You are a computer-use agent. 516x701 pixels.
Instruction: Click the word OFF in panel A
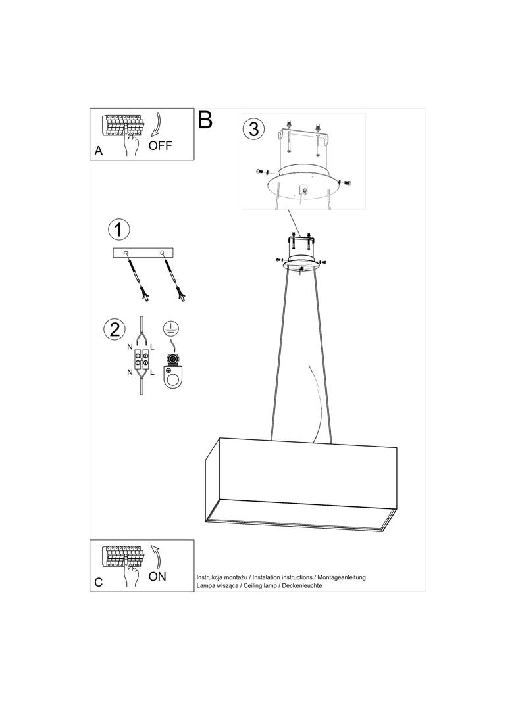160,145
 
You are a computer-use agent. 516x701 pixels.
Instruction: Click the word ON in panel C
157,577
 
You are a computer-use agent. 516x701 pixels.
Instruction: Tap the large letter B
205,120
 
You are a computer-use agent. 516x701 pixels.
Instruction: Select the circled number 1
118,230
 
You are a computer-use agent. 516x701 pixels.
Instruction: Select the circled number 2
115,329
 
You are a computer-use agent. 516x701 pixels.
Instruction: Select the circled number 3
254,129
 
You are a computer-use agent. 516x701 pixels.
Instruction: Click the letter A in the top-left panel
99,151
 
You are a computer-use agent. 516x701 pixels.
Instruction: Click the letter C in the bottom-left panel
99,583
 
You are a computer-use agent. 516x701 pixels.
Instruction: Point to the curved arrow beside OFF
157,124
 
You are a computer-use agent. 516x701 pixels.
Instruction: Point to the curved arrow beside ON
156,556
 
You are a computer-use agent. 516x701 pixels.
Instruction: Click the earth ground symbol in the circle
168,328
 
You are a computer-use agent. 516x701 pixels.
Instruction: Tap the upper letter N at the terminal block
130,347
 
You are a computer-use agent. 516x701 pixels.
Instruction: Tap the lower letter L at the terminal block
152,372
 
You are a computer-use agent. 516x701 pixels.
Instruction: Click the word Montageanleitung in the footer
342,577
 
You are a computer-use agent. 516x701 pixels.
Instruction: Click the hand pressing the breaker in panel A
131,143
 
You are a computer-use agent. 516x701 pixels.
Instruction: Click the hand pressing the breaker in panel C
131,574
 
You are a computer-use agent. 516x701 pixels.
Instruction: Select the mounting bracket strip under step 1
143,253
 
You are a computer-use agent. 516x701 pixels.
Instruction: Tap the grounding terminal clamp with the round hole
173,371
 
